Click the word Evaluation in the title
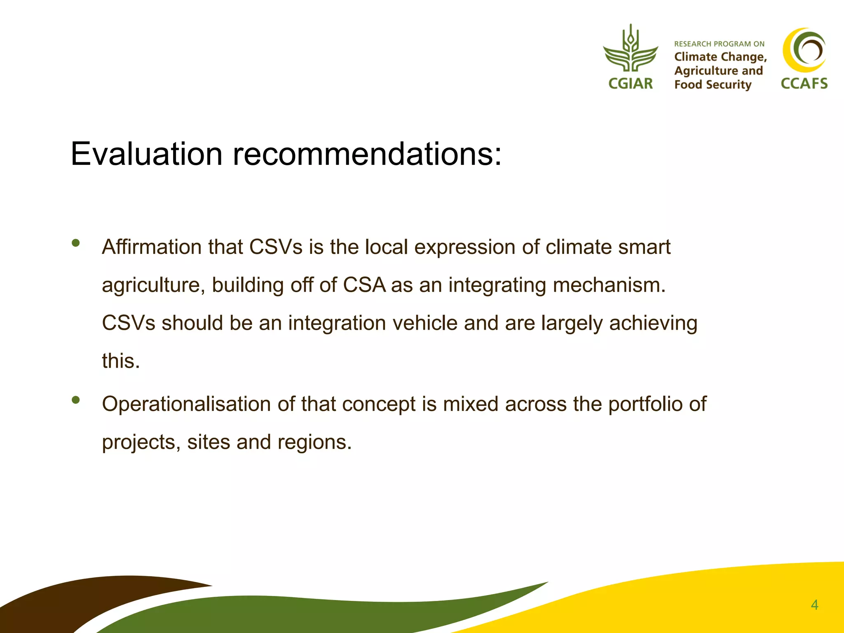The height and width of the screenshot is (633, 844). [146, 154]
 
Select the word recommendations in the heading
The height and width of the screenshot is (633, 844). [367, 154]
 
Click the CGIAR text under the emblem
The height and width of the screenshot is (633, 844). [631, 84]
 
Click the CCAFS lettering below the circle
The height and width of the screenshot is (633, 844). [804, 84]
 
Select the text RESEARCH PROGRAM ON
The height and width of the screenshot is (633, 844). [719, 44]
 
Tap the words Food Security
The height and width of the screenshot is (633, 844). [713, 85]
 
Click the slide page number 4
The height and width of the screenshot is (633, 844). [814, 605]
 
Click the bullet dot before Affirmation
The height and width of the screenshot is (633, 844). [75, 243]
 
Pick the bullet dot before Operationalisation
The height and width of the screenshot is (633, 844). [75, 400]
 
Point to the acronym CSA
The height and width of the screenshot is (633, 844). [364, 285]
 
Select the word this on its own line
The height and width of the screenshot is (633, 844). [121, 361]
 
